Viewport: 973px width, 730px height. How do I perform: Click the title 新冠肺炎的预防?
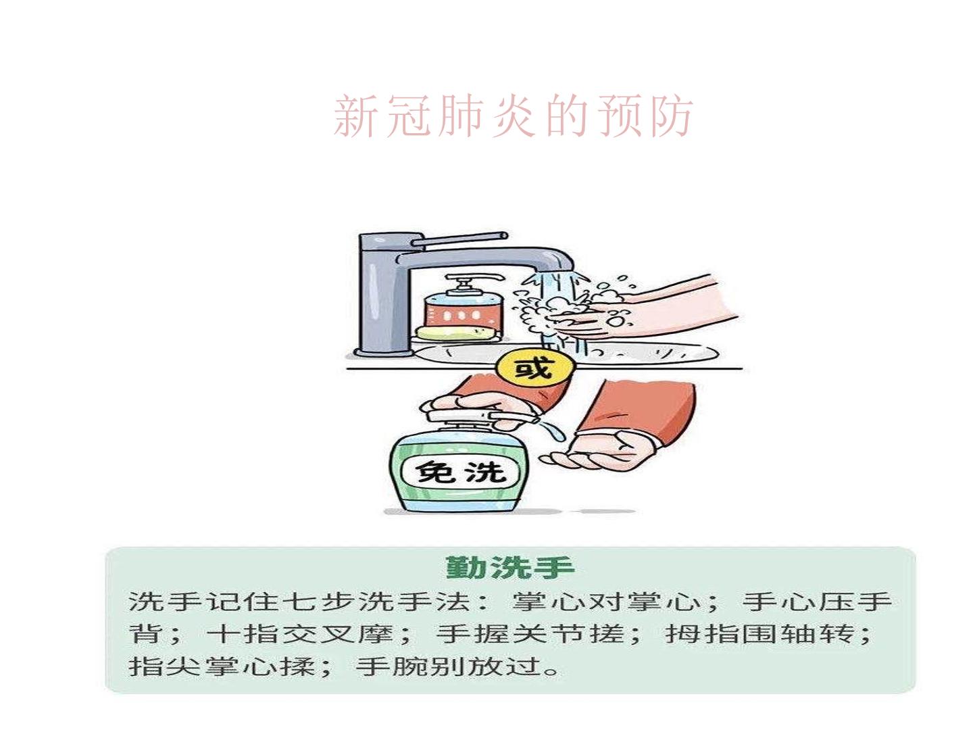(513, 116)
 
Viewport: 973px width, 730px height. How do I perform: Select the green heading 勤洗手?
(510, 568)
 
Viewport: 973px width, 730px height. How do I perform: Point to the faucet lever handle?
(459, 240)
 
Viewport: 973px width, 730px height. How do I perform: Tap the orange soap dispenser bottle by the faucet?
(464, 308)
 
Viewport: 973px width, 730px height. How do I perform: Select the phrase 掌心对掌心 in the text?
(606, 603)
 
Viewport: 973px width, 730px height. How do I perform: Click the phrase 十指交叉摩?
(299, 634)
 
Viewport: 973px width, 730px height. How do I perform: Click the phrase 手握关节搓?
(529, 634)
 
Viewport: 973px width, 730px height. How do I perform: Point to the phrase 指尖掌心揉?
(222, 666)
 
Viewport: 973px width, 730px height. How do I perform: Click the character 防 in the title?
(671, 116)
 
